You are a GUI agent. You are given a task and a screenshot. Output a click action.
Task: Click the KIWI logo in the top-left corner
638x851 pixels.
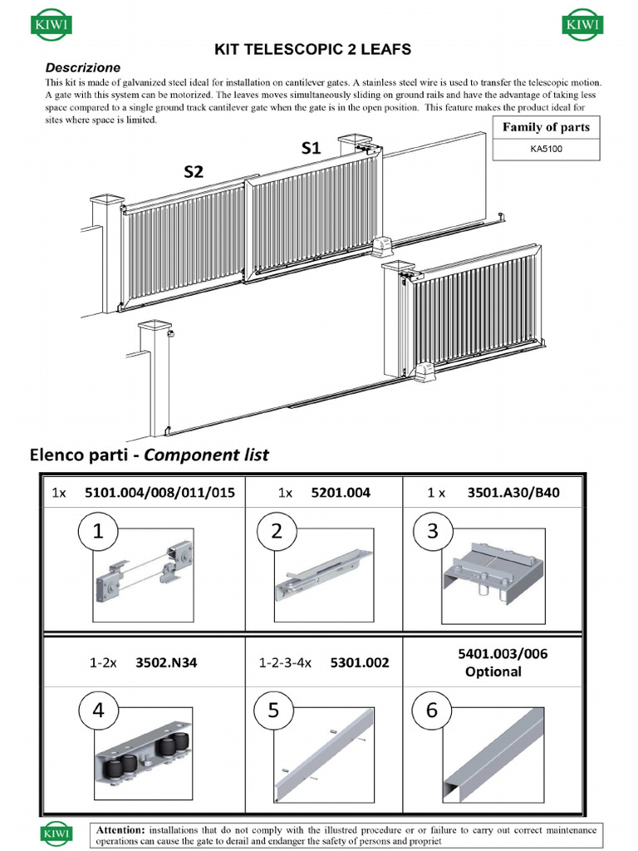(51, 25)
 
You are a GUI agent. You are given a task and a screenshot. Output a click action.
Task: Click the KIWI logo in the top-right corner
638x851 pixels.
(584, 25)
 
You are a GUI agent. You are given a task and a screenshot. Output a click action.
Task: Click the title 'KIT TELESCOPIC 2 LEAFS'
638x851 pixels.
(312, 50)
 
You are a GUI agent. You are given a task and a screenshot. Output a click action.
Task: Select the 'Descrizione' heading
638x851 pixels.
(82, 67)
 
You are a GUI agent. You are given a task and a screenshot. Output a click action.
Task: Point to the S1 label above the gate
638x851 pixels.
(311, 148)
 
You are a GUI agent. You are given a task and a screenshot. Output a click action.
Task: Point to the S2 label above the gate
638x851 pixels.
(194, 172)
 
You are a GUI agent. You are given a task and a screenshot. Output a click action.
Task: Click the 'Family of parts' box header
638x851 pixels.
(546, 127)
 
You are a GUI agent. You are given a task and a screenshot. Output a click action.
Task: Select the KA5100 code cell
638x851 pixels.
(546, 150)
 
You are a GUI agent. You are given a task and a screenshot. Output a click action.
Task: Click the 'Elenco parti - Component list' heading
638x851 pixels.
(150, 455)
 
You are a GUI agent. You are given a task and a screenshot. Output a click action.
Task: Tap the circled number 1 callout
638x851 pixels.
(98, 532)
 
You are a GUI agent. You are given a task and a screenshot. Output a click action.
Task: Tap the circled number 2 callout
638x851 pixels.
(277, 532)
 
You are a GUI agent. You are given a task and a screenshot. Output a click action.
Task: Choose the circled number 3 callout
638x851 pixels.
(433, 532)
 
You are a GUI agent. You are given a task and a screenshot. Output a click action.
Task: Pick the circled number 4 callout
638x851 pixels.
(98, 711)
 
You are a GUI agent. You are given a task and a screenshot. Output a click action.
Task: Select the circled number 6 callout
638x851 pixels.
(431, 711)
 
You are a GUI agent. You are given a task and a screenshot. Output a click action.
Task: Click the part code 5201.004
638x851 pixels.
(340, 493)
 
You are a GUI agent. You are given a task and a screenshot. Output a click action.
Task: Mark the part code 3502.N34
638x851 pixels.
(166, 663)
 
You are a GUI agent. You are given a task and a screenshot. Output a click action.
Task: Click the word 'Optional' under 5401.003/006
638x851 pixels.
(493, 671)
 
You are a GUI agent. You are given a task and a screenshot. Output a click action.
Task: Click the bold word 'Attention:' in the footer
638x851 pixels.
(121, 829)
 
